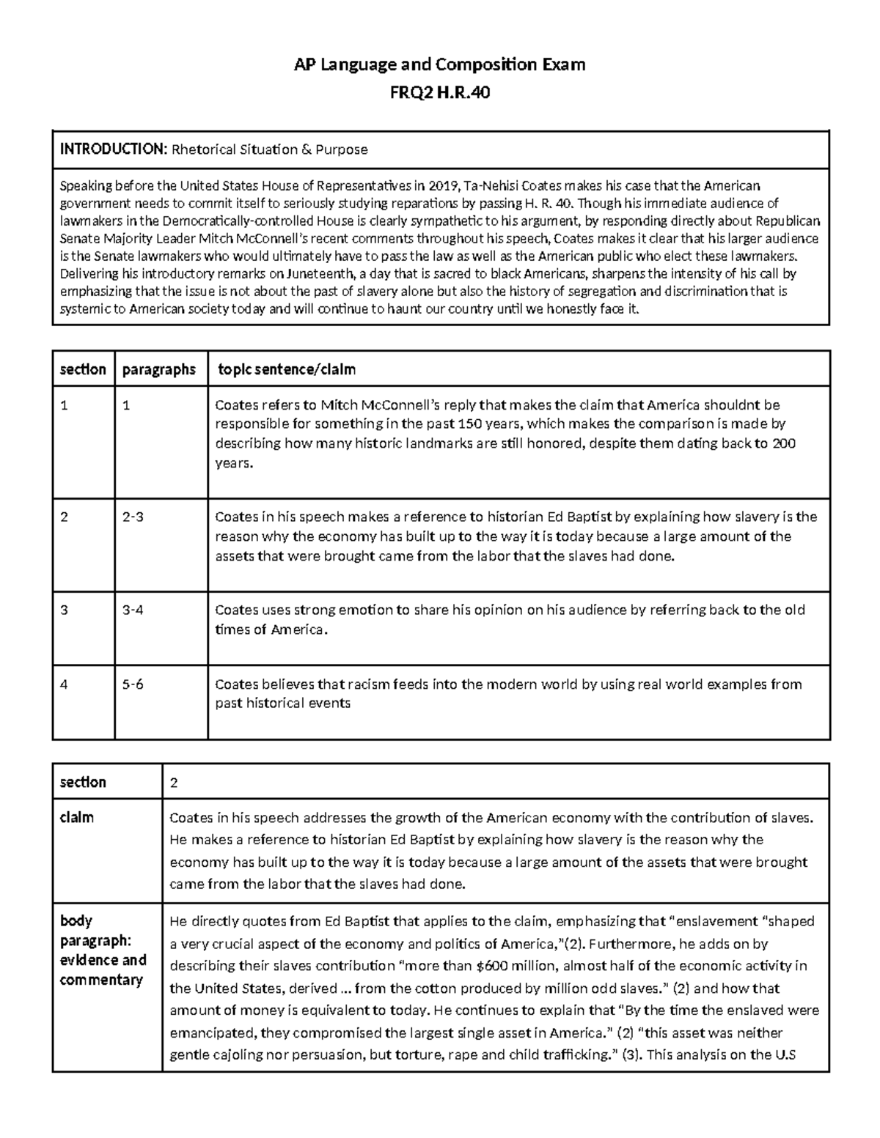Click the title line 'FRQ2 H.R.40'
coord(440,93)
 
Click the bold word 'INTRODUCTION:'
coord(113,149)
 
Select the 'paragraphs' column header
coord(159,369)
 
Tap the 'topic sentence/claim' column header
coord(287,369)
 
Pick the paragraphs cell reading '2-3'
coord(133,517)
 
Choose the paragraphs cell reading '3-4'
coord(133,610)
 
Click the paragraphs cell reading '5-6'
coord(133,684)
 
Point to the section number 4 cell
coord(65,684)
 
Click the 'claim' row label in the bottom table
coord(77,817)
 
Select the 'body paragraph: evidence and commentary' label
coord(103,950)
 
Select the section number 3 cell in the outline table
coord(65,610)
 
